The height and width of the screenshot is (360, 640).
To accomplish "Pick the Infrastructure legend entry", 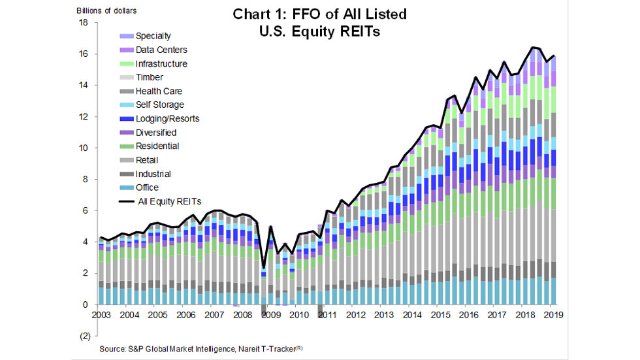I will [x=161, y=64].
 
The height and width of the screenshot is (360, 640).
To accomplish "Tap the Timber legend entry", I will [x=149, y=77].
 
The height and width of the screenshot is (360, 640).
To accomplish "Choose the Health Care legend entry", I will [x=159, y=91].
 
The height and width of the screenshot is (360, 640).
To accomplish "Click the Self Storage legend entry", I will [x=159, y=105].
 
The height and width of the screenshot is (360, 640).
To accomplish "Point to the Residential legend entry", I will [x=157, y=146].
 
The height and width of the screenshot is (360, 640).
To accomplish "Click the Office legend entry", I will [x=148, y=188].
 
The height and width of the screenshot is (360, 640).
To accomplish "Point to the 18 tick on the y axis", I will [x=83, y=23].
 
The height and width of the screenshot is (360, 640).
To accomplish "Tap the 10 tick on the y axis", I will [x=83, y=148].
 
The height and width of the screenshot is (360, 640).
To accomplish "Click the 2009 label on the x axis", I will [x=270, y=315].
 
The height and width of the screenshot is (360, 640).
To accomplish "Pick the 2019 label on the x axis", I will [x=554, y=315].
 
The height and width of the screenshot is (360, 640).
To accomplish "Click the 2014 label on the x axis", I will [x=412, y=315].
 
